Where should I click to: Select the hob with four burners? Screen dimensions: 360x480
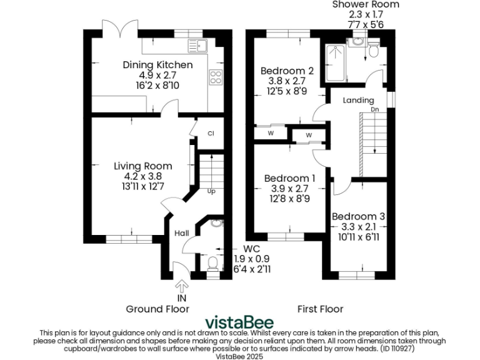[216, 77]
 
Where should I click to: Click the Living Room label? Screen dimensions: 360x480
[142, 166]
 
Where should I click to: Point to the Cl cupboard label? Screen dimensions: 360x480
[211, 133]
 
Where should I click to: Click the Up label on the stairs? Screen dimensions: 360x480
[211, 191]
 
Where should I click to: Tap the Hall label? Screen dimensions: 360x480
[182, 233]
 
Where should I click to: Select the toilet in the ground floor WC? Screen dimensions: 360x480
[212, 263]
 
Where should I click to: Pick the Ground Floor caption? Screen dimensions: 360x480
[157, 309]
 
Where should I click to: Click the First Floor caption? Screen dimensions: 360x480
[321, 309]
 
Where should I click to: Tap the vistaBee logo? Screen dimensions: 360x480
[239, 322]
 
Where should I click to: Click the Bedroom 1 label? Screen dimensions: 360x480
[289, 178]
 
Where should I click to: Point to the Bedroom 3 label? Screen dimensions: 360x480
[358, 216]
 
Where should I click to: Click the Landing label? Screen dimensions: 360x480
[359, 100]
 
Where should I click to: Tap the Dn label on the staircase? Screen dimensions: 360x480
[375, 109]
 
